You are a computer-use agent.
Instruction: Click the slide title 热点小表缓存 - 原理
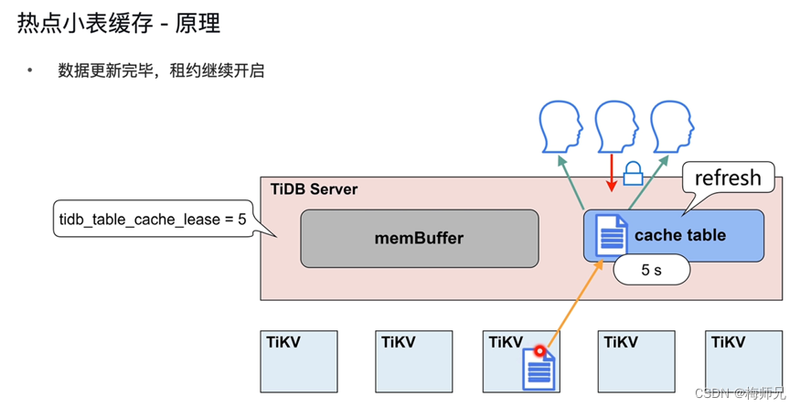pyautogui.click(x=119, y=23)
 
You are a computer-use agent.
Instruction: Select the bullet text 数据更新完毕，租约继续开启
pyautogui.click(x=161, y=70)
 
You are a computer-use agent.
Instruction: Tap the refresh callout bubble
pyautogui.click(x=728, y=177)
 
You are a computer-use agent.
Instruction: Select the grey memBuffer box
pyautogui.click(x=419, y=238)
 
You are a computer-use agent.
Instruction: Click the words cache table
pyautogui.click(x=679, y=235)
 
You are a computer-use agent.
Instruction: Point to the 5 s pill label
pyautogui.click(x=650, y=270)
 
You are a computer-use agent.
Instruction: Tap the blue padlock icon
pyautogui.click(x=633, y=171)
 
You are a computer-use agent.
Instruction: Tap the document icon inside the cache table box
pyautogui.click(x=612, y=234)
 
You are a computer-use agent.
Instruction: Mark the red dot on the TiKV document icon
pyautogui.click(x=539, y=350)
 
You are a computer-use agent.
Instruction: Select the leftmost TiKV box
pyautogui.click(x=299, y=361)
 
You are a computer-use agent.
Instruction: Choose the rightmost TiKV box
pyautogui.click(x=744, y=361)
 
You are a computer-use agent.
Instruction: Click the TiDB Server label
pyautogui.click(x=314, y=189)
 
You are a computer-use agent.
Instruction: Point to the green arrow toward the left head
pyautogui.click(x=572, y=179)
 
